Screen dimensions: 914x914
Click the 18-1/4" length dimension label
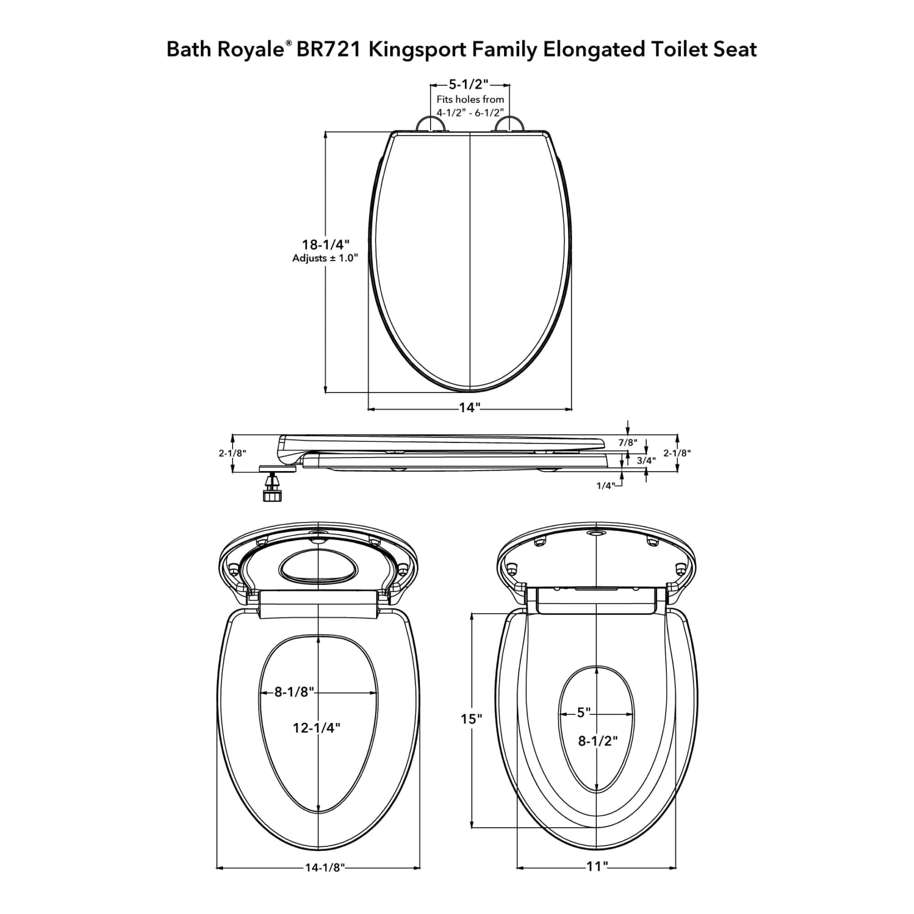pos(325,244)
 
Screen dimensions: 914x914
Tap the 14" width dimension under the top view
pos(470,408)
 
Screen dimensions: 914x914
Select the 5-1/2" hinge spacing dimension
pos(468,85)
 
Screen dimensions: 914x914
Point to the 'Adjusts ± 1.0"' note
pos(325,258)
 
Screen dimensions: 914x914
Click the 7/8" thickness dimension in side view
pos(628,443)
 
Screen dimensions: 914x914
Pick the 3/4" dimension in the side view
pos(646,460)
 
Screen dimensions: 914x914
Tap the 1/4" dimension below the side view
pos(606,486)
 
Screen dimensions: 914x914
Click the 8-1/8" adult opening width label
pos(294,692)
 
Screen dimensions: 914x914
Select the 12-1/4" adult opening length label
pos(317,728)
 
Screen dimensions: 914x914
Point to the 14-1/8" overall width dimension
pos(324,881)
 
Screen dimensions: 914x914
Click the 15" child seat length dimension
pos(472,718)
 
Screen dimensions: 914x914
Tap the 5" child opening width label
pos(584,712)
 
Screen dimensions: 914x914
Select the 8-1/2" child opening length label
pos(598,741)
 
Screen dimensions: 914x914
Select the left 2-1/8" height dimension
pos(233,453)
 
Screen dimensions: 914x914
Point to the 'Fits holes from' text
pos(470,100)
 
